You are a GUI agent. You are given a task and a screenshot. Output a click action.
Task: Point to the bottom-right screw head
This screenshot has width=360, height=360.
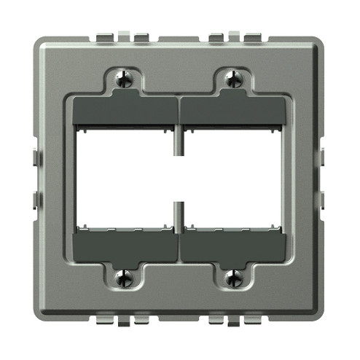tap(233, 278)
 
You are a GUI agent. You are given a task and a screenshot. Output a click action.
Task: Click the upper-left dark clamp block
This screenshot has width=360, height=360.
tap(125, 111)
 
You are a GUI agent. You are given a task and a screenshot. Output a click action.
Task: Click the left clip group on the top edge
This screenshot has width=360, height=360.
tap(117, 35)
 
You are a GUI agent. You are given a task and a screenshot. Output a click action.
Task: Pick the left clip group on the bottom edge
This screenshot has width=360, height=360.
tap(117, 321)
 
